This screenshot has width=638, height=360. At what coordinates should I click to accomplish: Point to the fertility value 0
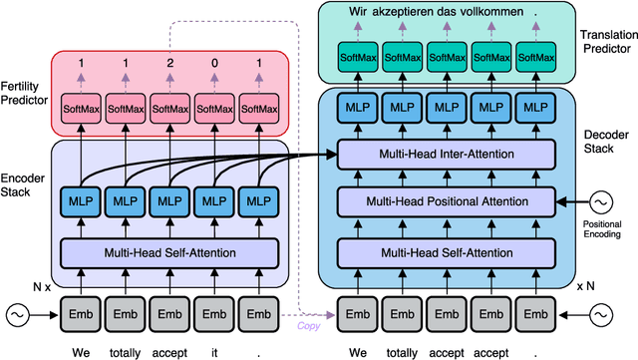point(215,63)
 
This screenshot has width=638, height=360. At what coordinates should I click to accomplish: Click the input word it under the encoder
point(215,351)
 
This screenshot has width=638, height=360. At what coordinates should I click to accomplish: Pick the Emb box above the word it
point(215,313)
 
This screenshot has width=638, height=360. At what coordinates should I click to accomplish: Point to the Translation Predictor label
point(605,40)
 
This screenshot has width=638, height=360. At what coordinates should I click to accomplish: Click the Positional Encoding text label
point(604,231)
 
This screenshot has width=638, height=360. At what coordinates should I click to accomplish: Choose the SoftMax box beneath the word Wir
point(359,58)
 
